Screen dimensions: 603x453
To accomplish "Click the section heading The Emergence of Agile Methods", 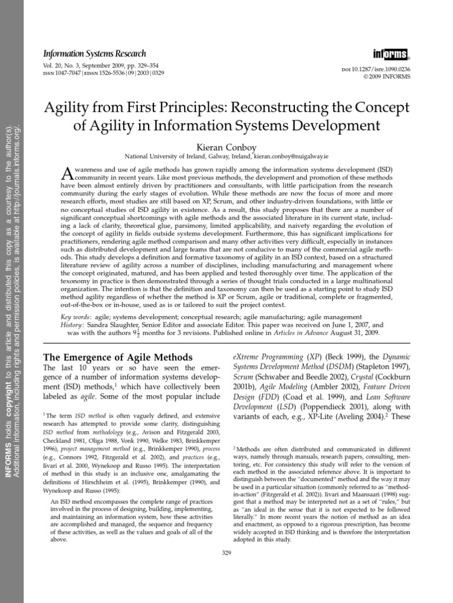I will click(119, 357).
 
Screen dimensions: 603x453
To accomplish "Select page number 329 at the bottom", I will click(226, 552).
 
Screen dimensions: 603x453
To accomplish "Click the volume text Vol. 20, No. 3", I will click(61, 65).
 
